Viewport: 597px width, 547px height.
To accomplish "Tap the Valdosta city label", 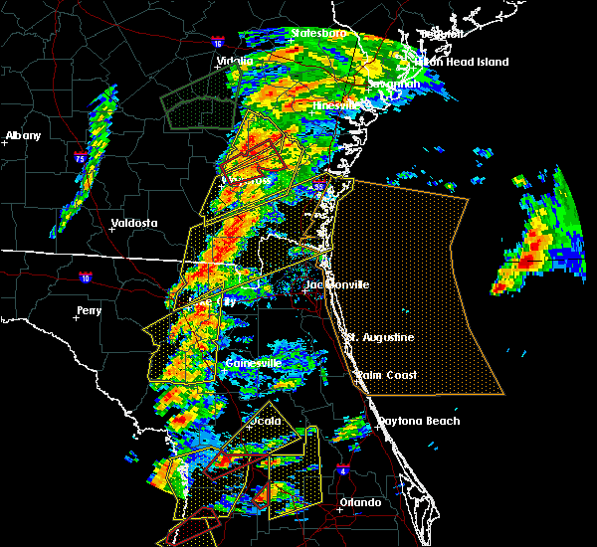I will point(134,223).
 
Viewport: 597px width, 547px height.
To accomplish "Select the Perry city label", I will point(89,310).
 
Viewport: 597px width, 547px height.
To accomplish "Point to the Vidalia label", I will point(235,61).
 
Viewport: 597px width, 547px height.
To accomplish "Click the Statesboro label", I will point(318,33).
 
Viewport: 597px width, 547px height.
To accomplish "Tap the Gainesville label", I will point(254,363).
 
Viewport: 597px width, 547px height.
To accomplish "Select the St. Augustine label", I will point(380,337).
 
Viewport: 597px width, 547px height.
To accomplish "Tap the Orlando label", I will point(360,502).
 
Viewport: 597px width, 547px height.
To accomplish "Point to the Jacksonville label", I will point(336,284).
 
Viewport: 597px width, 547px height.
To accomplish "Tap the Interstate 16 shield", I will point(219,43).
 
